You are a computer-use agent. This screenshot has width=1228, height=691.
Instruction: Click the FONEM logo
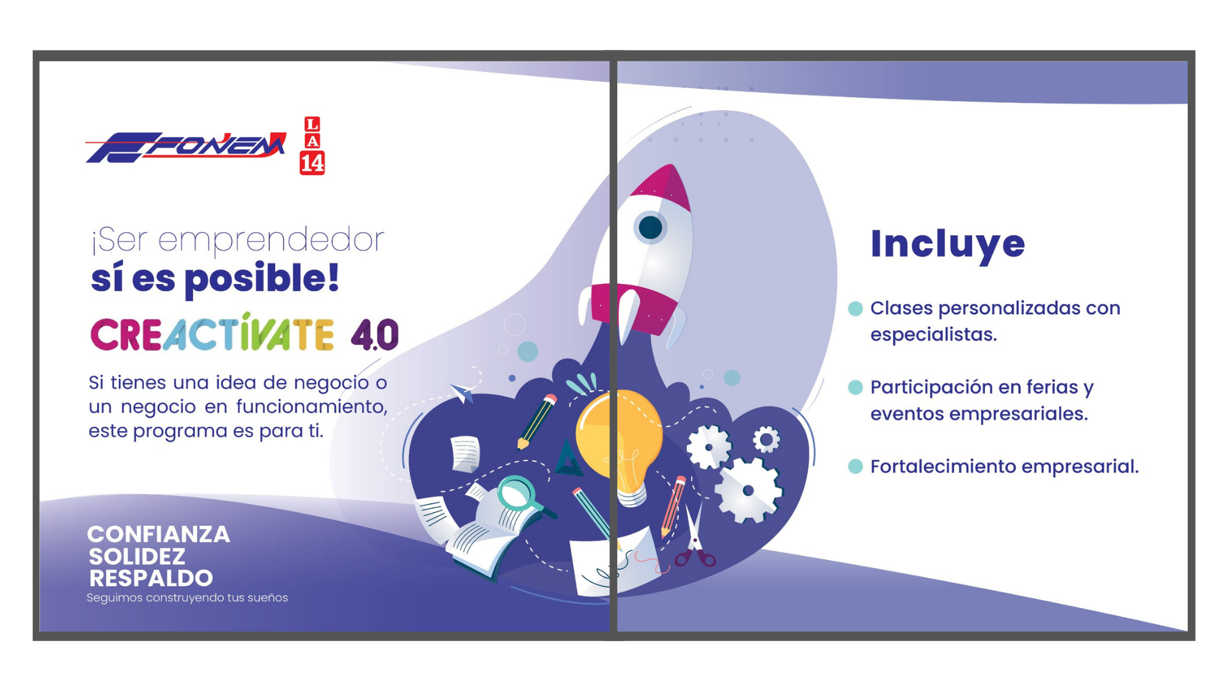(186, 147)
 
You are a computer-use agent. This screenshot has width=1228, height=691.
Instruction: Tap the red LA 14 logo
(312, 145)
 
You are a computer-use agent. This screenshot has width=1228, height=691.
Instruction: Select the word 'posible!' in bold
(262, 279)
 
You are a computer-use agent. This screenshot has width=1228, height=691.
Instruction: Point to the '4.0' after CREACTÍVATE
(375, 335)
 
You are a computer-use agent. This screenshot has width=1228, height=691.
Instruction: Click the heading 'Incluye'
(948, 244)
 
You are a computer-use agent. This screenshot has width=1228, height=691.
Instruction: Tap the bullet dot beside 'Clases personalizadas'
(855, 308)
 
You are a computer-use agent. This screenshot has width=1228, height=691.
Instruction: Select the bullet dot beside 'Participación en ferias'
(855, 387)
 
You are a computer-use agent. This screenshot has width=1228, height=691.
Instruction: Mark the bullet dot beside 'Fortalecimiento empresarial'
(855, 466)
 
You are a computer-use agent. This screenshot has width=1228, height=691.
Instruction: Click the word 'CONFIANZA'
(159, 534)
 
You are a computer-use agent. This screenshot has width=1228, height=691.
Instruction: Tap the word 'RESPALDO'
(151, 578)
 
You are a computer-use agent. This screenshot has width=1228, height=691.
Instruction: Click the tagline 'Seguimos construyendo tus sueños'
(187, 598)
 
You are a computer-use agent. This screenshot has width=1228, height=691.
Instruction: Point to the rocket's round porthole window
(650, 227)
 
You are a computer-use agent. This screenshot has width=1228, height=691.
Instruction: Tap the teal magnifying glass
(521, 495)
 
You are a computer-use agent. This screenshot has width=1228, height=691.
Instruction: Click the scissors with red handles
(695, 537)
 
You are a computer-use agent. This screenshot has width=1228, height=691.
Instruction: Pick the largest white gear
(748, 490)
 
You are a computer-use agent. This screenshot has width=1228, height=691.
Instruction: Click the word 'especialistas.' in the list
(933, 335)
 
